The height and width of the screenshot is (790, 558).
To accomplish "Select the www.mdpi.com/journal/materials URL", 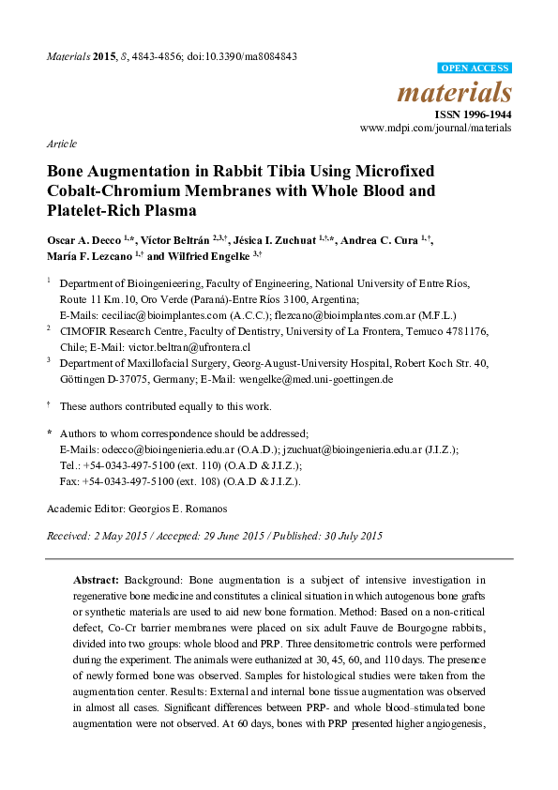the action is [436, 128].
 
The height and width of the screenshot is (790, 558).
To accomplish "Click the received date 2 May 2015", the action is [118, 536].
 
